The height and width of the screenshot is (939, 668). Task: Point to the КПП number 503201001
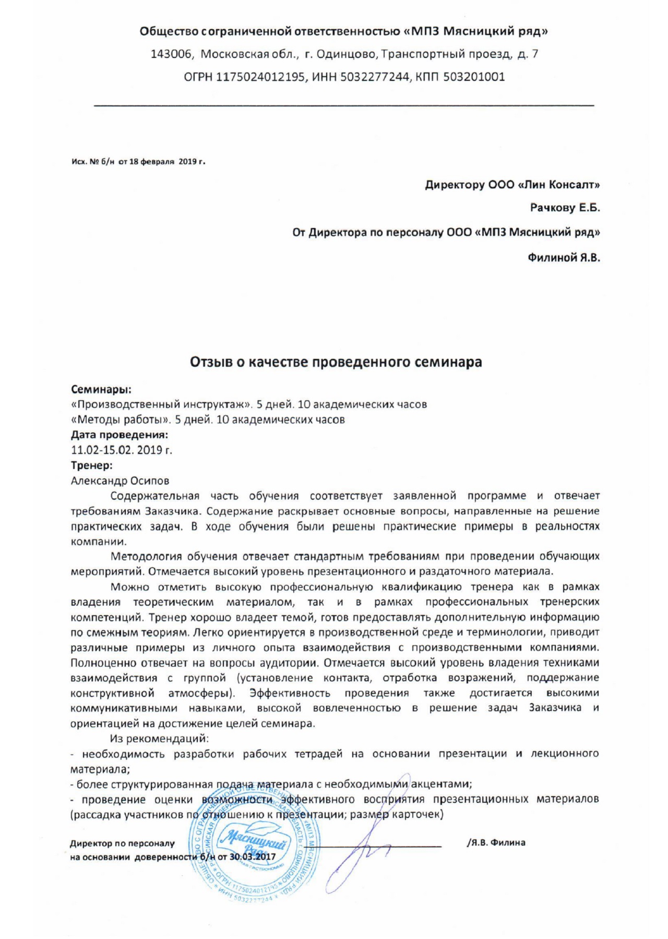point(474,77)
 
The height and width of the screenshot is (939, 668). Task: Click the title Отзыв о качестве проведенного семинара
point(336,362)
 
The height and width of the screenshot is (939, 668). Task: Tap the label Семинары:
point(101,389)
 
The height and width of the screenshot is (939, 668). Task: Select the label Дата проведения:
point(120,435)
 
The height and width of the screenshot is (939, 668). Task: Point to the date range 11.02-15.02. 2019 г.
point(122,450)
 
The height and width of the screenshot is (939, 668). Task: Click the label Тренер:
point(92,465)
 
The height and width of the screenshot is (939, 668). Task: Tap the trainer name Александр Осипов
point(120,480)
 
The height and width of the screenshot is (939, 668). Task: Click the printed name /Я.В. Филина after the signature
point(496,842)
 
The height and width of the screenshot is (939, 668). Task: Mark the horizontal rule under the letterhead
point(343,106)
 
